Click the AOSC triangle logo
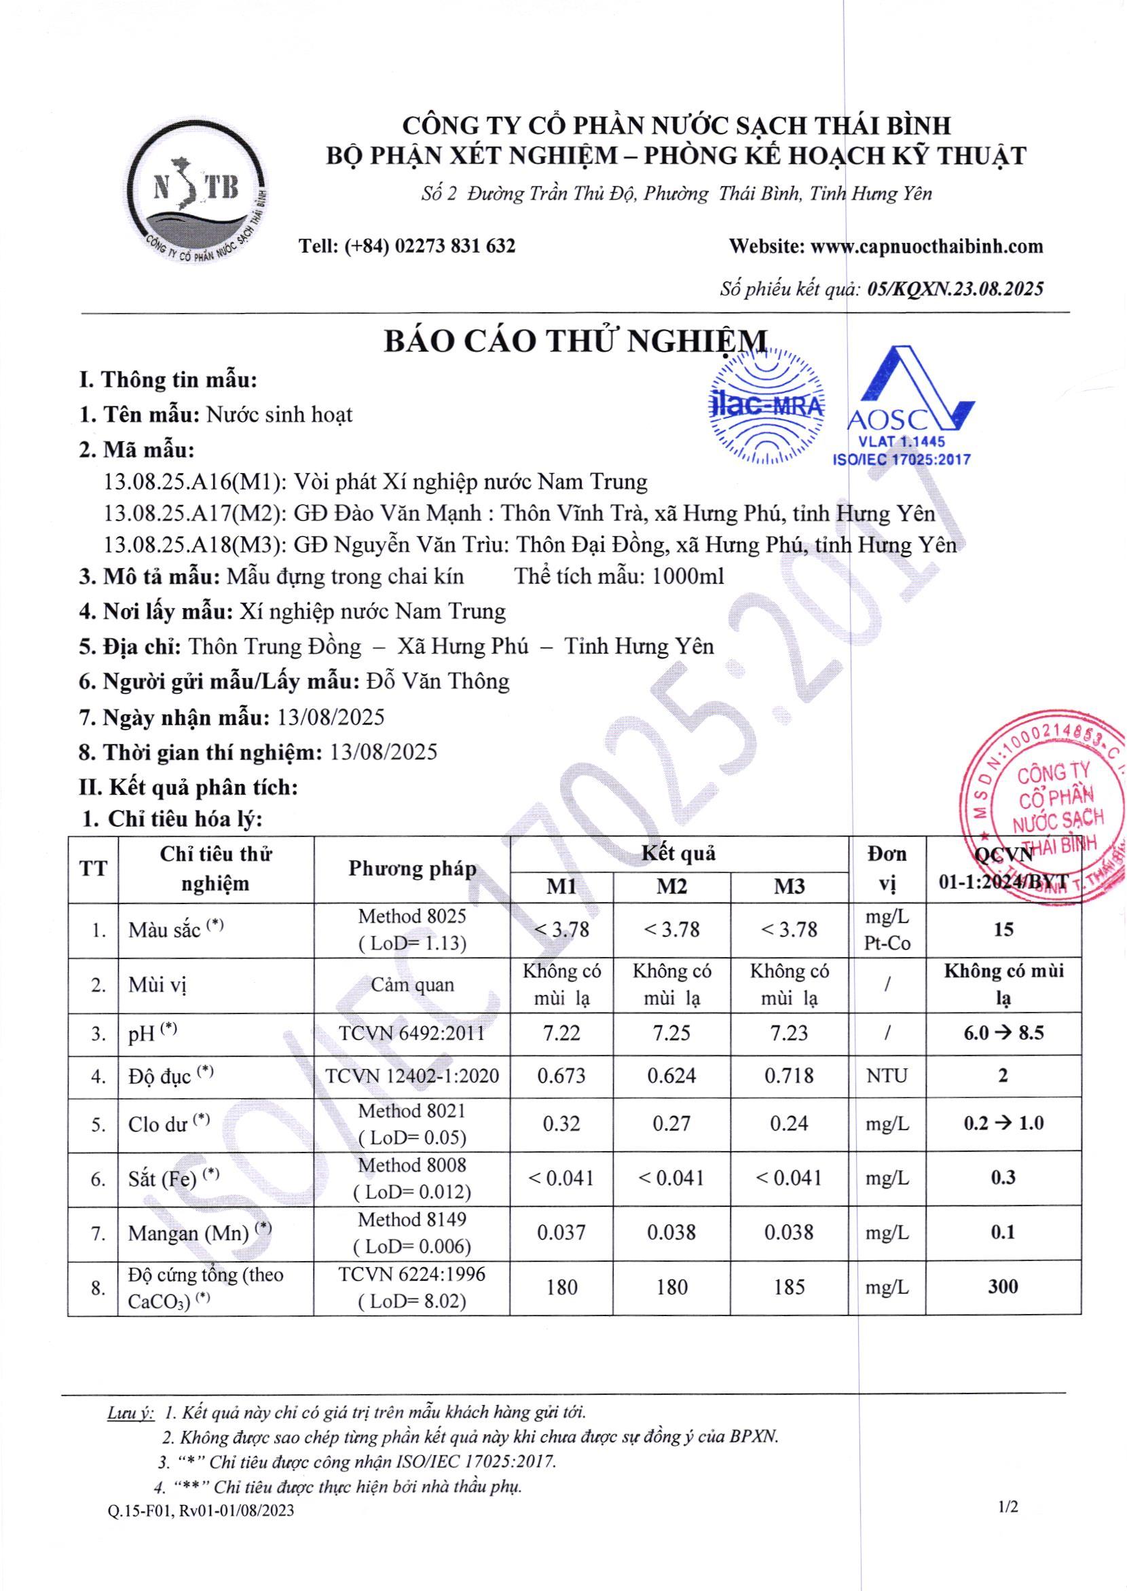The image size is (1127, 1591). pos(906,403)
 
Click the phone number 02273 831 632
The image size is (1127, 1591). pos(455,246)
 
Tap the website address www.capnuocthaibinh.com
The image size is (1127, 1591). pos(927,246)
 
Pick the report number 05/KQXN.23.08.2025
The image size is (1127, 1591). pos(956,288)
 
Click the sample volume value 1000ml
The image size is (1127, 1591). pos(688,576)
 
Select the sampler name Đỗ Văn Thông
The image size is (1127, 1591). pos(438,681)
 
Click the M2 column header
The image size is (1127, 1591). pos(671,886)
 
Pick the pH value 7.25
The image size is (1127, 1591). pos(671,1033)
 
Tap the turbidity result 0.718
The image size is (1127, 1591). pos(789,1076)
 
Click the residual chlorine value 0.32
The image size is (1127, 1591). pos(561,1123)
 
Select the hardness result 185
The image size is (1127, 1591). pos(789,1287)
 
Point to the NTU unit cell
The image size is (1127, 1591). pos(886,1076)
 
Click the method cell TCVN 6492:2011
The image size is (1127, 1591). pos(411,1033)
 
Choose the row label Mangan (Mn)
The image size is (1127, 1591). pos(189,1233)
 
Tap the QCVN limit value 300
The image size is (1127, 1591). pos(1003,1286)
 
